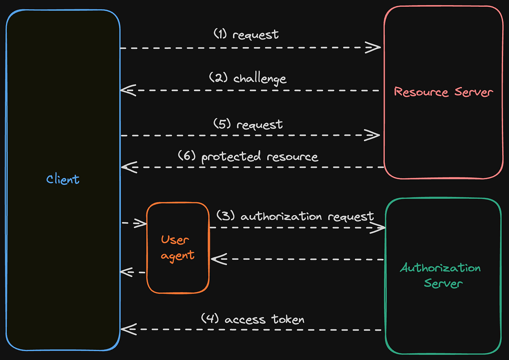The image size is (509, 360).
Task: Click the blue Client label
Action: (63, 179)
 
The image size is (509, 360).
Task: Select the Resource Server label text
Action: (443, 92)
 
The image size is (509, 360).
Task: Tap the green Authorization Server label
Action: (441, 276)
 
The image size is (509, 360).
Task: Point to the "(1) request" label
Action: (246, 34)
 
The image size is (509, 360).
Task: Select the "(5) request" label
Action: (248, 125)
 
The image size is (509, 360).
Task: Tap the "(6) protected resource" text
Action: (248, 157)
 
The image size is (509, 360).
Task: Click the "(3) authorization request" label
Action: (295, 217)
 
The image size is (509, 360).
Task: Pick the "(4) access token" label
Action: (252, 319)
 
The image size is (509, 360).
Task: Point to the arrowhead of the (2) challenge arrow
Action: (127, 90)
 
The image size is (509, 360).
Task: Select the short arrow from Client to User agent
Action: (134, 223)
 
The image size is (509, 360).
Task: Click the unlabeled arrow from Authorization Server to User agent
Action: (297, 259)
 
